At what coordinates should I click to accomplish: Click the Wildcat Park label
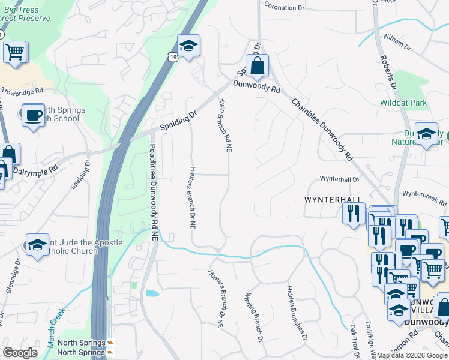(403, 103)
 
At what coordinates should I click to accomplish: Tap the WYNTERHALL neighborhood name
(333, 200)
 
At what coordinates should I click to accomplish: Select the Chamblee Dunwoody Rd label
(322, 128)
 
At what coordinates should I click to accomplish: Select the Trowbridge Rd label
(22, 91)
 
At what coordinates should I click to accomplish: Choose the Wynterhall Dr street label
(339, 179)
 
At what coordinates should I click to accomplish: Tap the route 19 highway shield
(173, 57)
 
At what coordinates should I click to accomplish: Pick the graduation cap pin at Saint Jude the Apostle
(37, 244)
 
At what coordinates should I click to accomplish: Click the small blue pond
(152, 294)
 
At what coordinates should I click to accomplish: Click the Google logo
(20, 353)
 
